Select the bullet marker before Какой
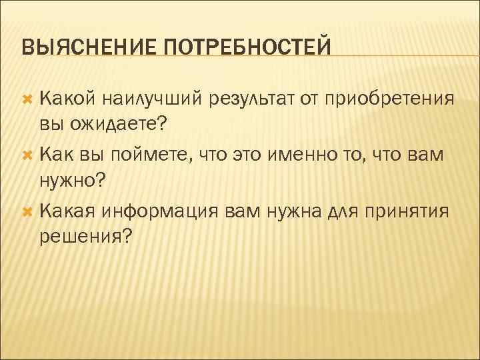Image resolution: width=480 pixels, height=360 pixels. pos(28,99)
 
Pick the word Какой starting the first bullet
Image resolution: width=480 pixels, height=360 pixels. pos(66,99)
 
